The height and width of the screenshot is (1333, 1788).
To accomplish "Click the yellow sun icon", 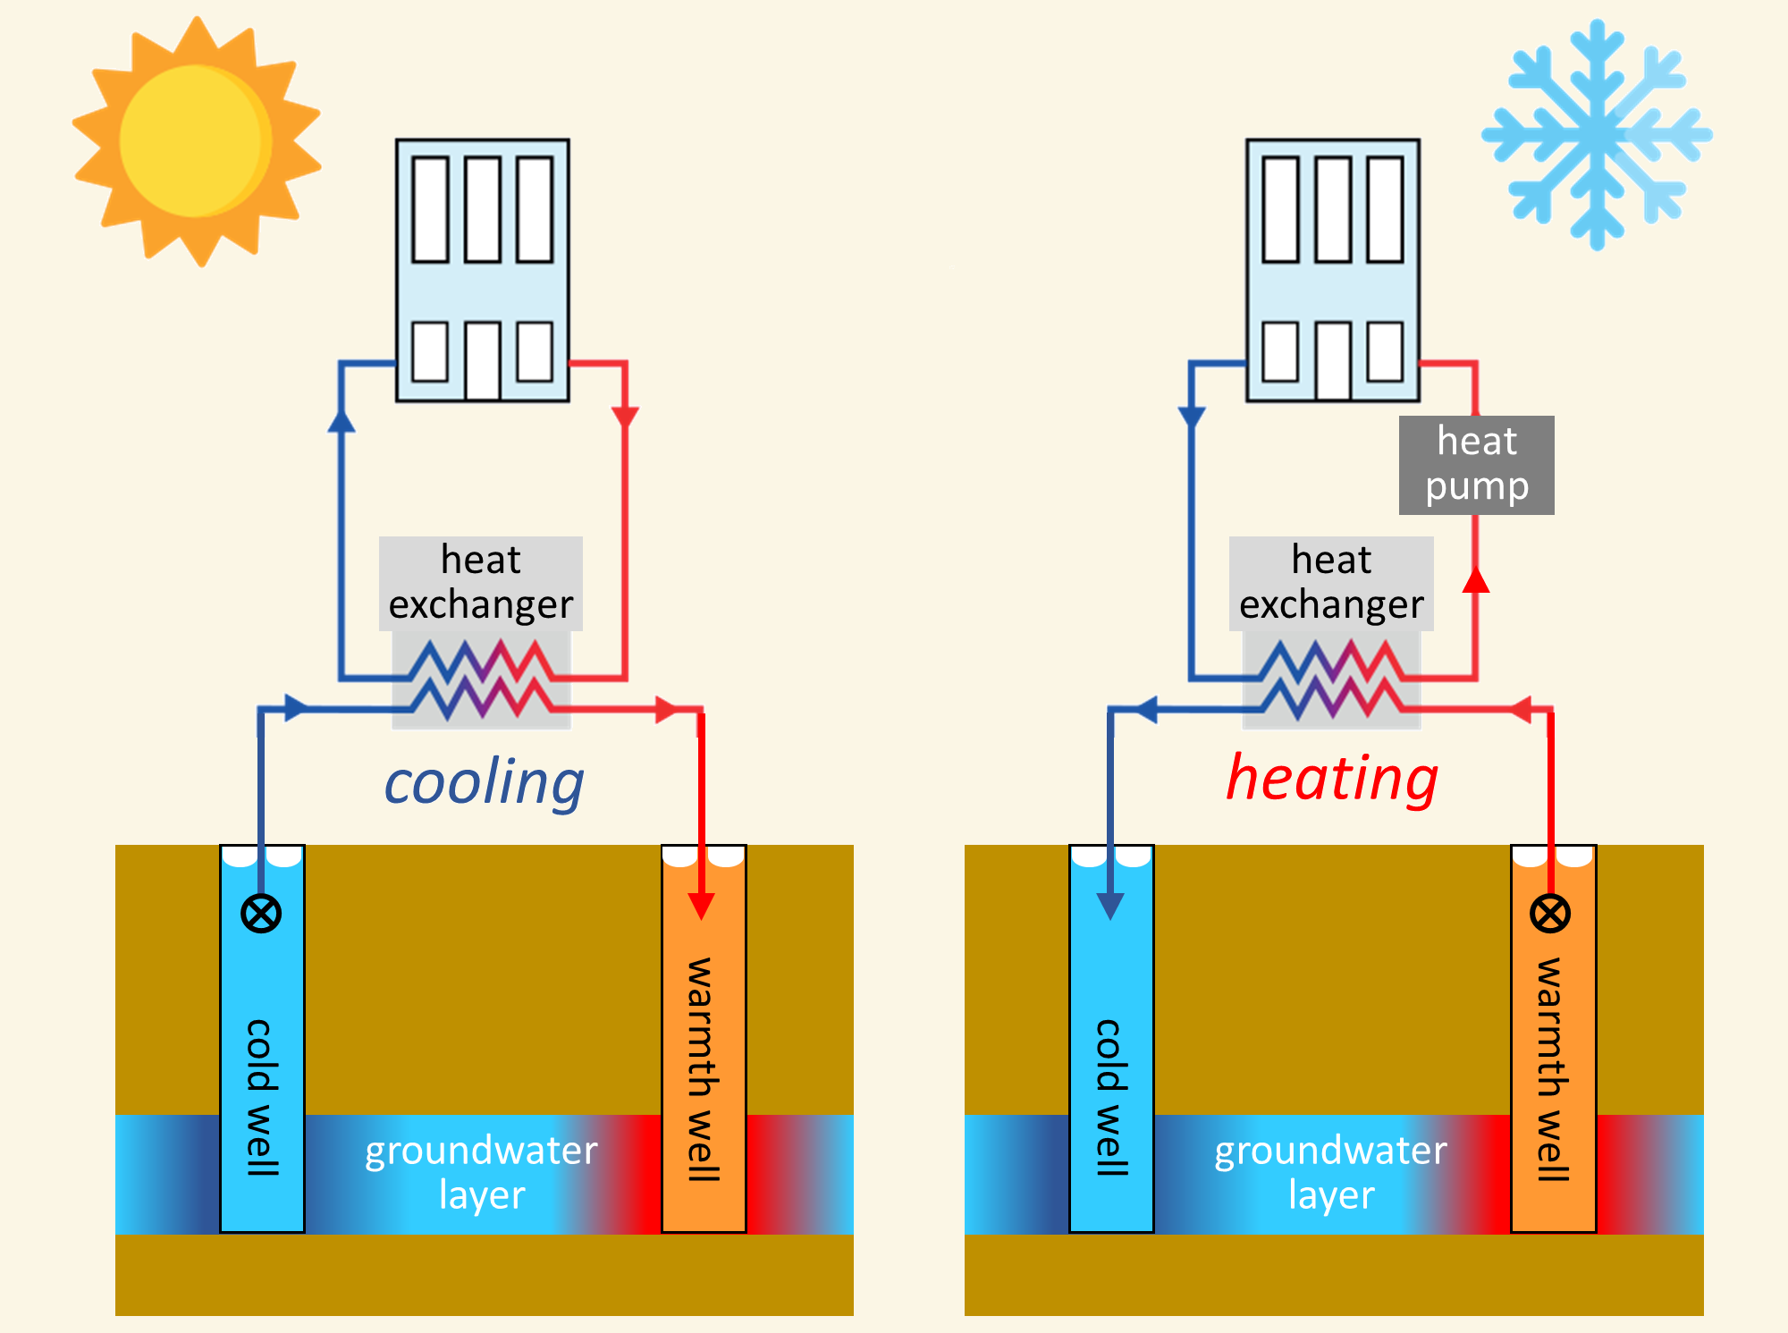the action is coord(197,141).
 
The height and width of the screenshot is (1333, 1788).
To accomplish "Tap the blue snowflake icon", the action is coord(1597,135).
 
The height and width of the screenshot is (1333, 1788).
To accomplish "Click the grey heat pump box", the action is coord(1477,465).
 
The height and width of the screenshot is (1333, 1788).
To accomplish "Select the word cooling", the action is coord(484,783).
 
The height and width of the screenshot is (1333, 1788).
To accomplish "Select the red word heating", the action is coord(1332,778).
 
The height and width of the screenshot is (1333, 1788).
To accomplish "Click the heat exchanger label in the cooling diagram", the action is coord(481,583).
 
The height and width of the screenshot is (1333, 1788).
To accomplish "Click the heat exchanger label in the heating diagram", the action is coord(1331,583).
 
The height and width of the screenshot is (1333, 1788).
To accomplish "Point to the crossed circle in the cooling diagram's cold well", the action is coord(261,914).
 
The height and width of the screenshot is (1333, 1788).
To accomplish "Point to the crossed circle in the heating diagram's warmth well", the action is coord(1550,914).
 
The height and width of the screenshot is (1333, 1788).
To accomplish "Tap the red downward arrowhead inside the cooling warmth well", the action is coord(702,906).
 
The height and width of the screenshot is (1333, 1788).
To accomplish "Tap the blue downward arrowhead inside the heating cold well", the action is coord(1110,906).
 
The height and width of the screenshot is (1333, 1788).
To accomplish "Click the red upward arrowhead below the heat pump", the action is coord(1476,580).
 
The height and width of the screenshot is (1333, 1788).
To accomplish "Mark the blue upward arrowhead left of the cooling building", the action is coord(342,420).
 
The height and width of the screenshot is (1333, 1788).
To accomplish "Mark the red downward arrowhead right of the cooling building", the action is coord(625,418).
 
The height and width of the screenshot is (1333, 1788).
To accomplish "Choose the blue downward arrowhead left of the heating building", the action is coord(1192,418).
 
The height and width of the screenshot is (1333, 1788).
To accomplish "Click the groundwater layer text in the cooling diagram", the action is coord(481,1171).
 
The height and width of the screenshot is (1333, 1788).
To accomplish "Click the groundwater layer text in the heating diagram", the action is coord(1331,1171).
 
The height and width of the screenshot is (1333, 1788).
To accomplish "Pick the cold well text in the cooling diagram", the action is coord(261,1097).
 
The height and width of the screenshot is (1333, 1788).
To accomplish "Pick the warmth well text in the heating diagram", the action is coord(1552,1069).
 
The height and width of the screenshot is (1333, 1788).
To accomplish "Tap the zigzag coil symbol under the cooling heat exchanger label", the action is coord(481,680).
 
